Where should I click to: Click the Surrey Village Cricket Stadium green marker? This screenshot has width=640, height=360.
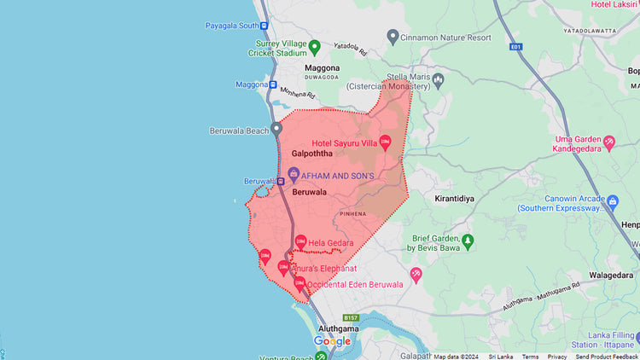tap(314, 46)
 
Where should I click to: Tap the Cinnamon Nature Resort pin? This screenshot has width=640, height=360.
tap(393, 37)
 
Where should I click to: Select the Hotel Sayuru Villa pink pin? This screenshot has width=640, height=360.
tap(385, 142)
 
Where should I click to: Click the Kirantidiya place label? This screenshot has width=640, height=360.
tap(454, 197)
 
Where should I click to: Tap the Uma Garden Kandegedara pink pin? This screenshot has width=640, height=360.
tap(608, 142)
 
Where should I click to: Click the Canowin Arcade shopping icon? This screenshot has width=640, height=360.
tap(612, 201)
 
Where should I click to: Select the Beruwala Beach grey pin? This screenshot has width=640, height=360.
tap(276, 130)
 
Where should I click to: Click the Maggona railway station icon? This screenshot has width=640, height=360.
tap(272, 84)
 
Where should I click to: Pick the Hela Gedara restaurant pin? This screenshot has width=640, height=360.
tap(300, 242)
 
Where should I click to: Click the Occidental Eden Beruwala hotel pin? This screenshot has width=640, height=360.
tap(300, 282)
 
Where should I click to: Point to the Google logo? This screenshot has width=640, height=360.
tap(332, 341)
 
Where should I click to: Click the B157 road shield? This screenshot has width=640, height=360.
tap(351, 317)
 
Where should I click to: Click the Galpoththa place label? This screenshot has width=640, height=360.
tap(311, 154)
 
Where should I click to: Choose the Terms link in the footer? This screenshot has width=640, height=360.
tap(530, 357)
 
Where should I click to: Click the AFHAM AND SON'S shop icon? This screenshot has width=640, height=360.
tap(294, 174)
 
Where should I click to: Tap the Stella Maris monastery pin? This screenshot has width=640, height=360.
tap(438, 80)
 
